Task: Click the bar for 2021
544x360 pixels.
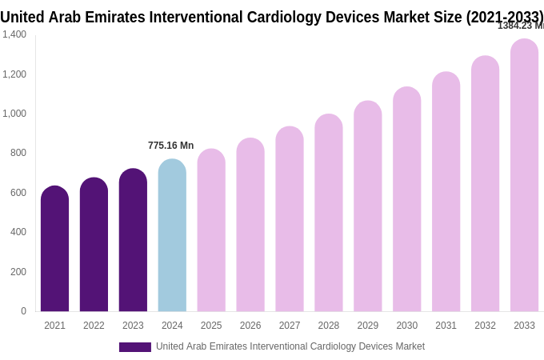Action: (x=54, y=249)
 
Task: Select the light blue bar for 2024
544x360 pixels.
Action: (x=172, y=235)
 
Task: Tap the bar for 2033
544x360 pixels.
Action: (x=524, y=175)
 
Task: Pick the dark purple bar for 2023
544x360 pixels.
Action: (x=133, y=240)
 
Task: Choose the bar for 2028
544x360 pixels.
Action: (x=328, y=213)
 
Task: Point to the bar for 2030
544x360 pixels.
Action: (x=406, y=199)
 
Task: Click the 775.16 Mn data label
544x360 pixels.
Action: (x=170, y=146)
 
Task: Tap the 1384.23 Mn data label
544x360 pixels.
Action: (x=520, y=26)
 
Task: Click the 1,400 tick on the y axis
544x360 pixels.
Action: (x=14, y=34)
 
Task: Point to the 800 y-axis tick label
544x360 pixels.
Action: (x=18, y=153)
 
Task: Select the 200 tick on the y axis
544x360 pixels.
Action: (x=18, y=272)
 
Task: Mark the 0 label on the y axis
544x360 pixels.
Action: (x=23, y=311)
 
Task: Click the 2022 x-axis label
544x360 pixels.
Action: (x=94, y=326)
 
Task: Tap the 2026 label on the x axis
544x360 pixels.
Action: (x=250, y=326)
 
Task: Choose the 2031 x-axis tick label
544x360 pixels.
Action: (x=446, y=326)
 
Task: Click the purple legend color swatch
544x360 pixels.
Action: (x=134, y=347)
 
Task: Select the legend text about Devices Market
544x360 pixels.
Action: (x=290, y=346)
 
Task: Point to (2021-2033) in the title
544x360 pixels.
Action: (x=504, y=17)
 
